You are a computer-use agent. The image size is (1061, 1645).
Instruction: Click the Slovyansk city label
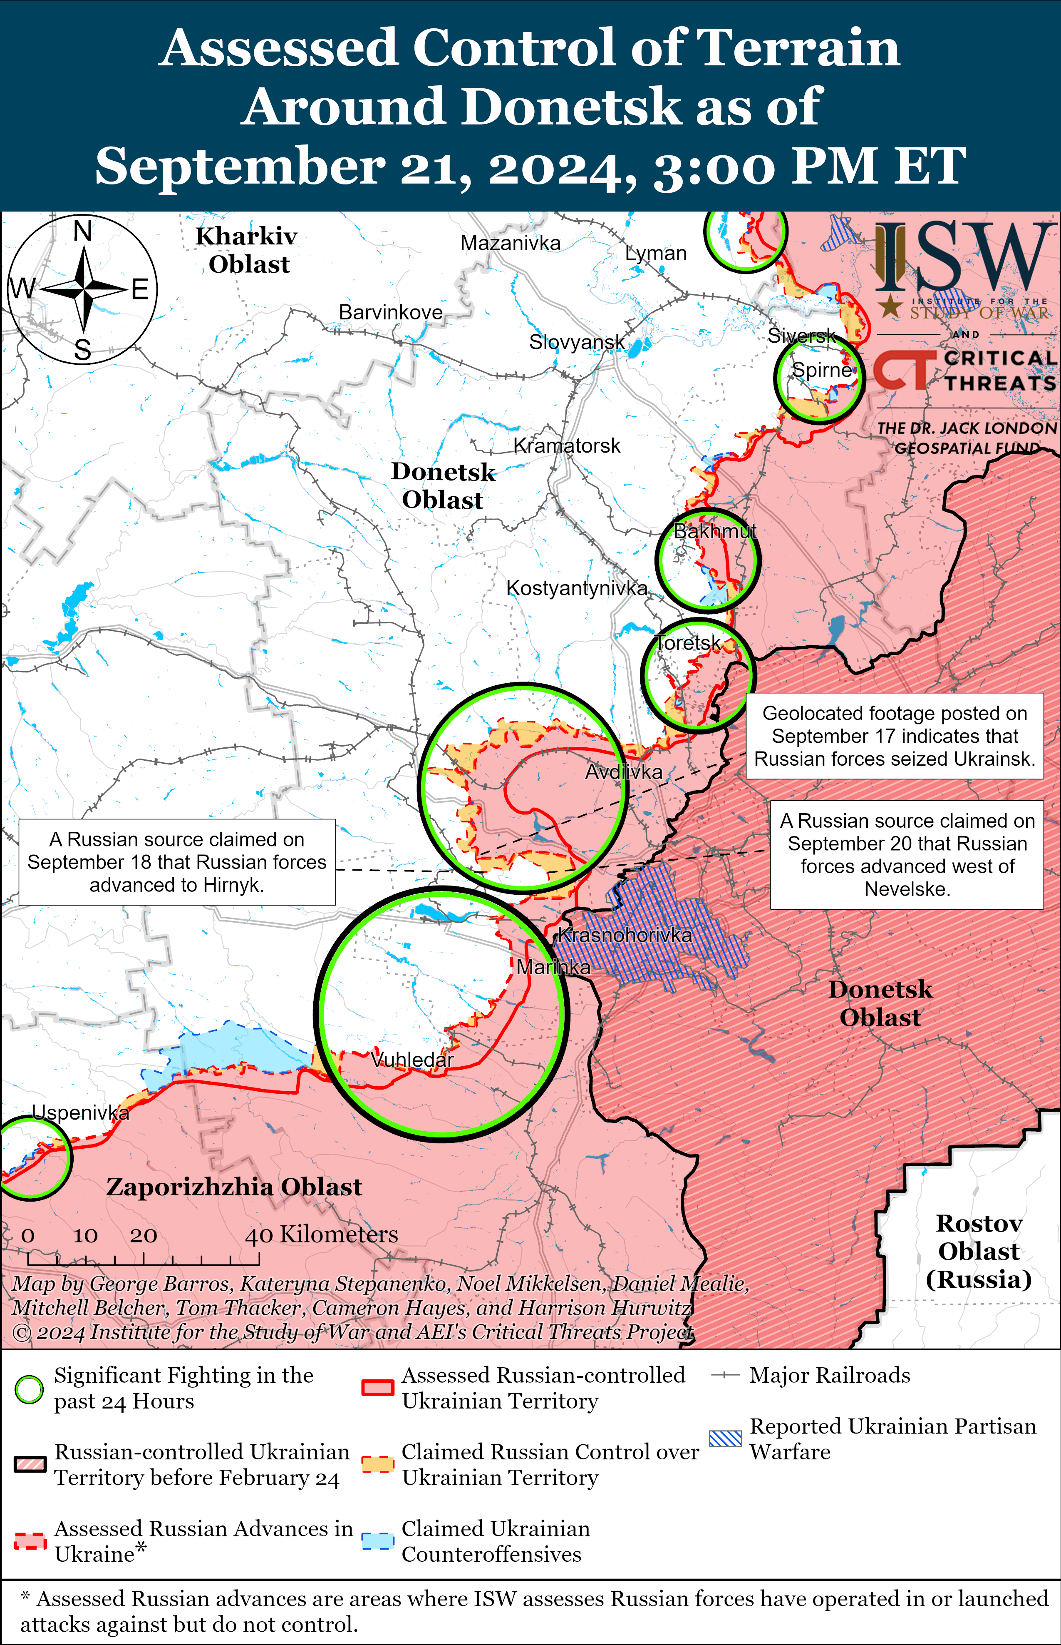[x=577, y=342]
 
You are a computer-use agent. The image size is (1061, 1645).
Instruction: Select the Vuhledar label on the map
[x=412, y=1060]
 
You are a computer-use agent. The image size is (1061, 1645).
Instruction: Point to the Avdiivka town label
[x=624, y=772]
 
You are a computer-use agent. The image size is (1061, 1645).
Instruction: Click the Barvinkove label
[x=391, y=312]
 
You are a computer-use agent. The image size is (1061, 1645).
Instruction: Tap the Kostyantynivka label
[x=577, y=588]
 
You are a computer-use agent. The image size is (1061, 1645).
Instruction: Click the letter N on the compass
[x=83, y=231]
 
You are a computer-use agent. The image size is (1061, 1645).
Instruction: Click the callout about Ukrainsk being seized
[x=894, y=737]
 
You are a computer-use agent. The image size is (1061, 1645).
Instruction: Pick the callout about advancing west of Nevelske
[x=907, y=855]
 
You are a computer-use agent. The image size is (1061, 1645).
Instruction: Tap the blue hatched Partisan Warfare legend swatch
[x=726, y=1439]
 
